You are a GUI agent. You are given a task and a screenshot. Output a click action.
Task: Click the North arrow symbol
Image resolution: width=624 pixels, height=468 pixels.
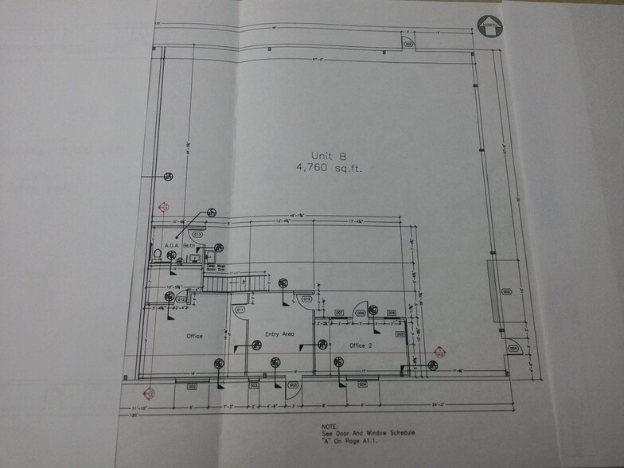pos(489,27)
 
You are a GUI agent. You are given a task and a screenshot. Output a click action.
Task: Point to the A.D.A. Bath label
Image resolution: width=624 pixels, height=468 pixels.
pos(180,245)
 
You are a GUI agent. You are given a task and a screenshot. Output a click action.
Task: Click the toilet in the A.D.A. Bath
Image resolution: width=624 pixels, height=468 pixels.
pos(158,254)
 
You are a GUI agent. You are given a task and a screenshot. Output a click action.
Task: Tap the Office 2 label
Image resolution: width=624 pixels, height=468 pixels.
pos(361,345)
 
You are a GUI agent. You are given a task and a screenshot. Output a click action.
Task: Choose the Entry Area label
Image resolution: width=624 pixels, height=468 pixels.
pos(279,333)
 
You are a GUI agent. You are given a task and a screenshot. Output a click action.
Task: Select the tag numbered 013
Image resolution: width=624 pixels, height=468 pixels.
pos(197,235)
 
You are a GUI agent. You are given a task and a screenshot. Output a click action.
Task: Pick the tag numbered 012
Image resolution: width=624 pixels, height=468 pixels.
pos(181,300)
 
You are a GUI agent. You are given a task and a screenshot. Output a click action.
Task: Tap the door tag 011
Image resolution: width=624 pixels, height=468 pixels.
pos(240,309)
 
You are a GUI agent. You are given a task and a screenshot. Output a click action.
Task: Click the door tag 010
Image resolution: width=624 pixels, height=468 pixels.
pos(307,299)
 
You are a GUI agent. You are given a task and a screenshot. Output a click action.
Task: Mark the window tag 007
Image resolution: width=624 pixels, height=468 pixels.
pos(339,313)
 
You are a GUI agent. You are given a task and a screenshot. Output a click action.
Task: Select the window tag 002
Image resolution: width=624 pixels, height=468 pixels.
pos(192,387)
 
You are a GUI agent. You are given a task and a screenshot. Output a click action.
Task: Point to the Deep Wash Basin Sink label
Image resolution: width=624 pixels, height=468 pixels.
pos(216,267)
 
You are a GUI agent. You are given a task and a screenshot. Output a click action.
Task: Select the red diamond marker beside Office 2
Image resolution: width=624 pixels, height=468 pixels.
pos(439,352)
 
